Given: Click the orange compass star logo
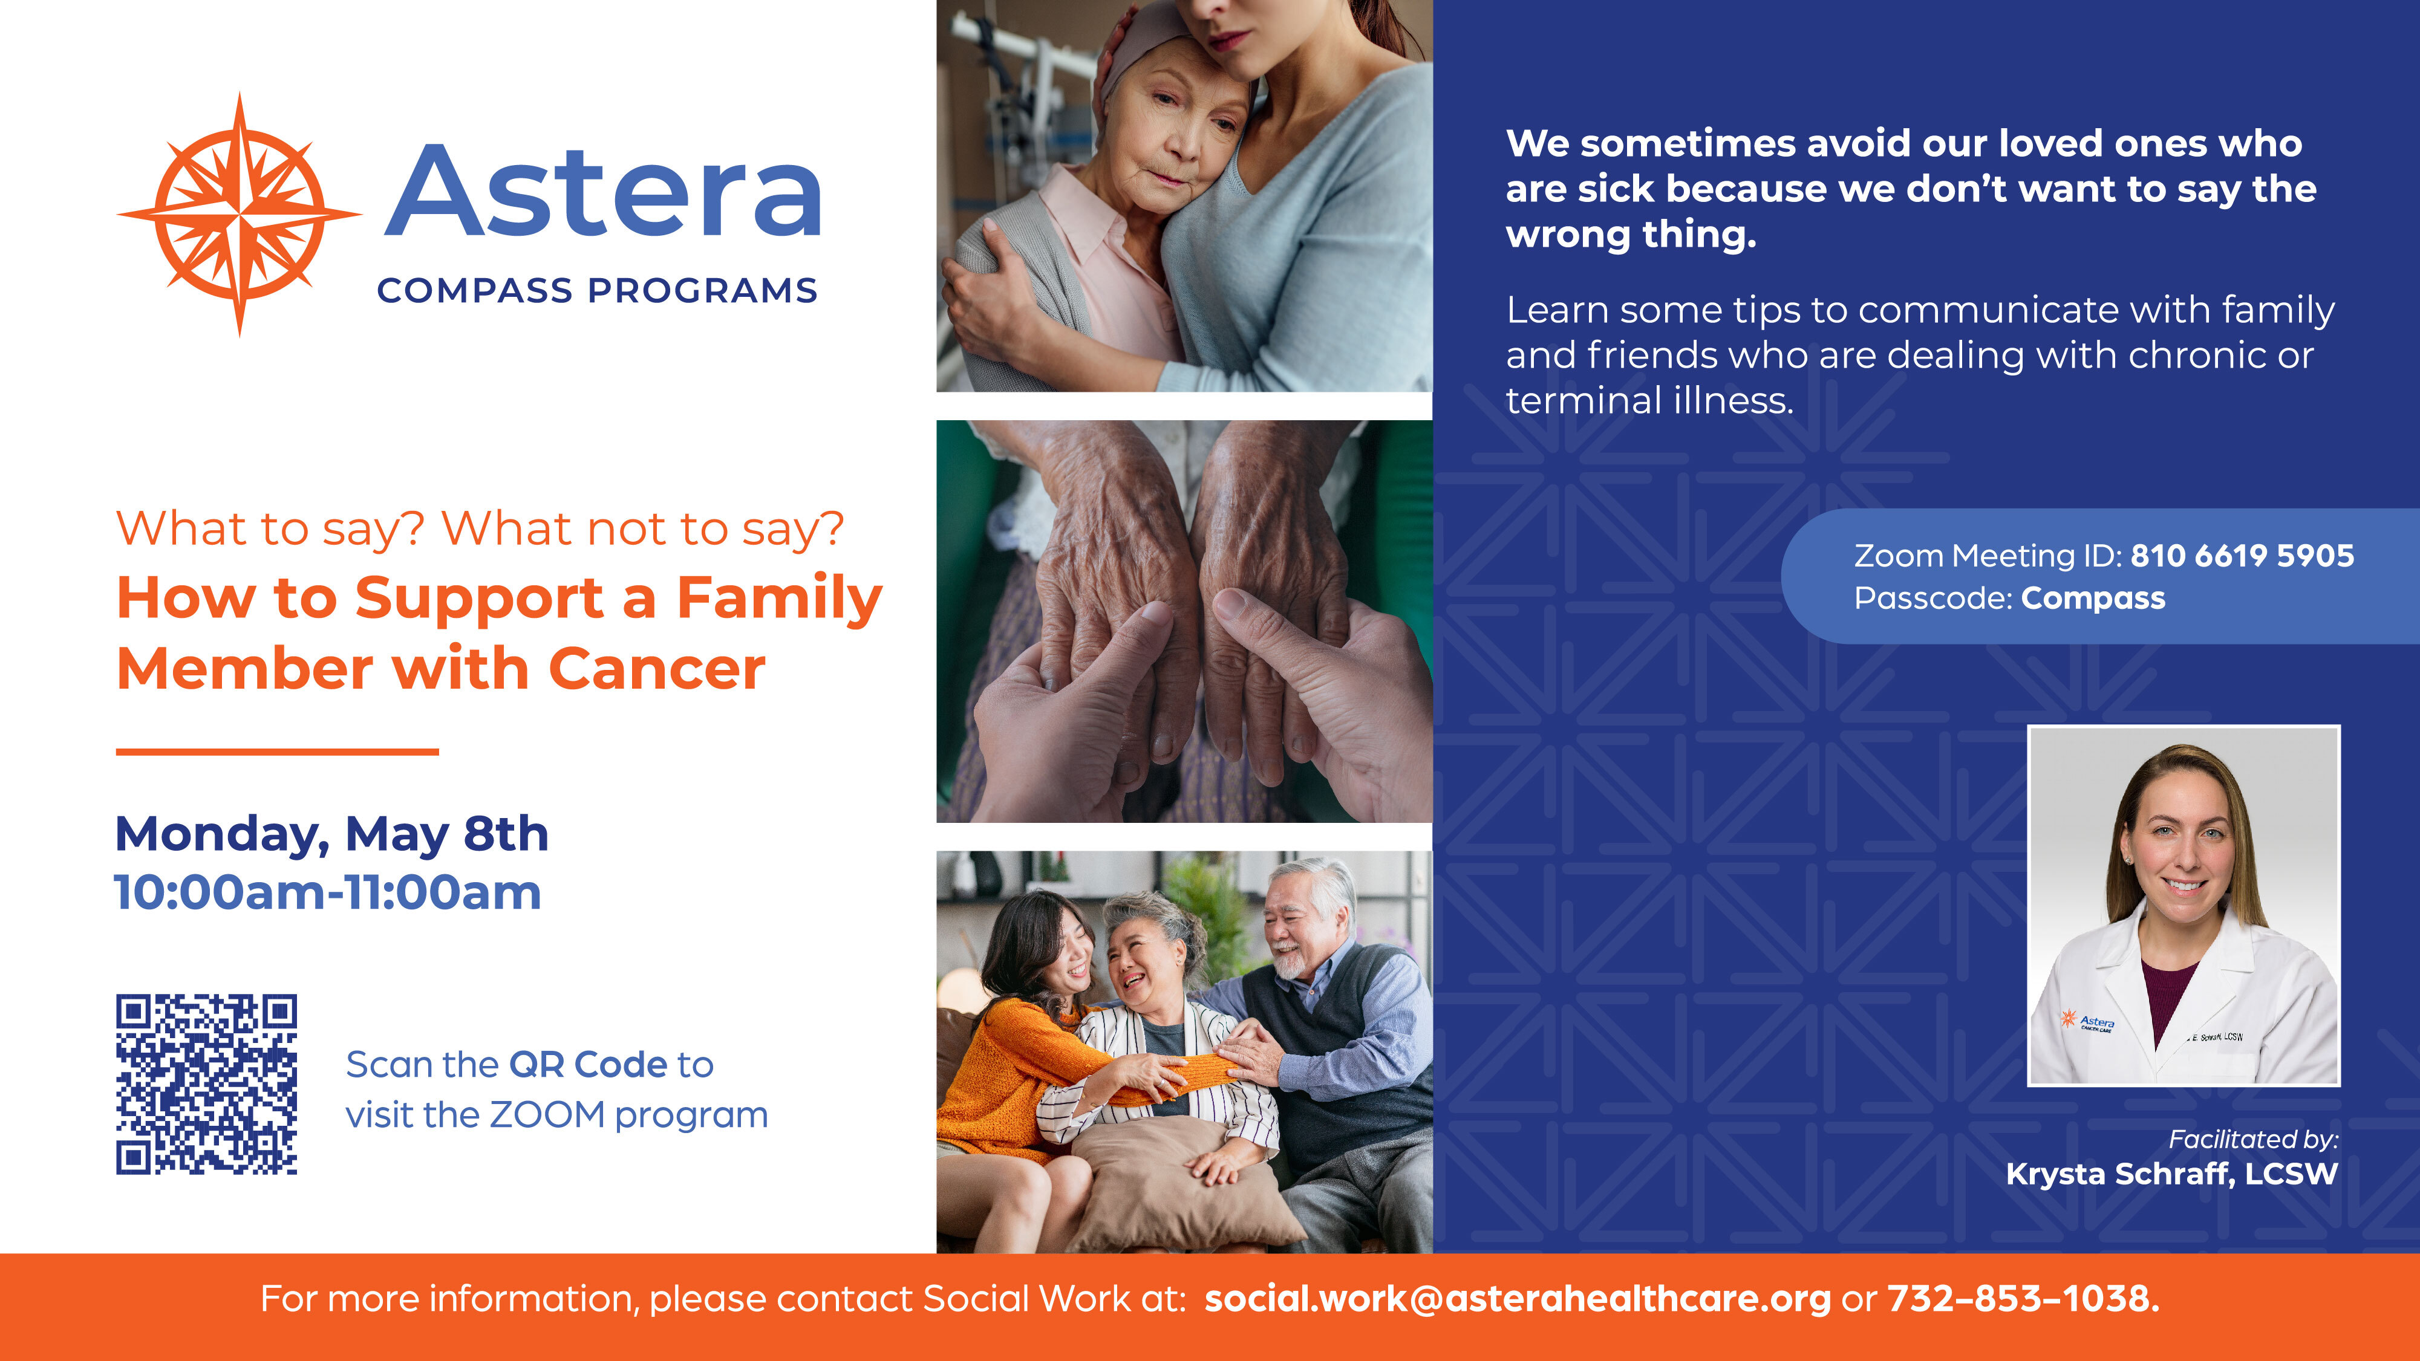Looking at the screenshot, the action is pos(240,214).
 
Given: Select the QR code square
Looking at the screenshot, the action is pos(207,1084).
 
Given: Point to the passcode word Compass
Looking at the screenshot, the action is pos(2093,599).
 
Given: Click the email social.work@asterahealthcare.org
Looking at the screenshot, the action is pos(1517,1299).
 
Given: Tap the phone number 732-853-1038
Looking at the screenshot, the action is pos(2023,1299).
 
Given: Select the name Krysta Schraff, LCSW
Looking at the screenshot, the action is pos(2171,1174).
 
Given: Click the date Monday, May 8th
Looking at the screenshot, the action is pos(331,834).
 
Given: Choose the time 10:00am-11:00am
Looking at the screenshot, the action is pos(328,892).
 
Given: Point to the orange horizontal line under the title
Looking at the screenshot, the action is pos(277,752).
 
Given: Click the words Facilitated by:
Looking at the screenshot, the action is pos(2253,1139).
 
